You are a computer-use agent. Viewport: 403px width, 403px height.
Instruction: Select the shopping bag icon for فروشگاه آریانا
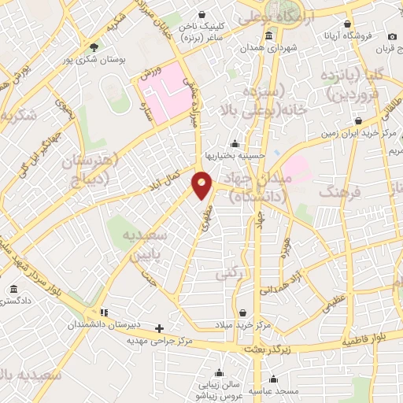(x=348, y=24)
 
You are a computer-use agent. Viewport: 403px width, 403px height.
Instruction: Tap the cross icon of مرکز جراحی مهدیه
(x=160, y=328)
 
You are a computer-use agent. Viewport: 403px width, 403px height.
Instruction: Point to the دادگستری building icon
(x=13, y=290)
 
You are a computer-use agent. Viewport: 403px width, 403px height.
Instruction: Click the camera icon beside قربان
(x=391, y=36)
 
